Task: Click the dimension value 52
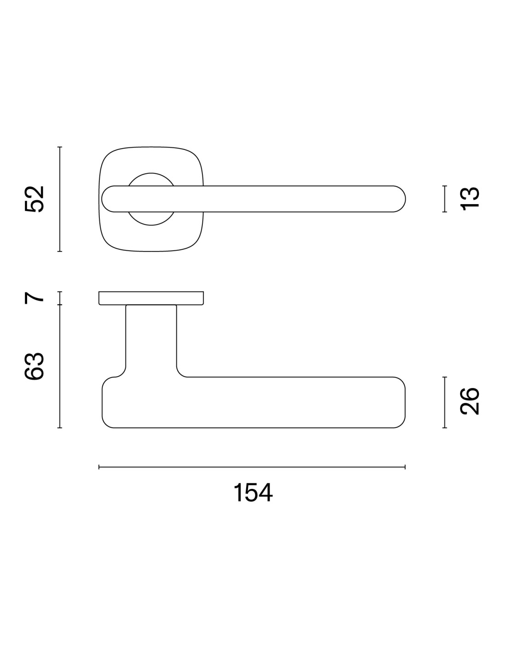[34, 199]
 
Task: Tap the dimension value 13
[469, 199]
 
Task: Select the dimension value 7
[34, 298]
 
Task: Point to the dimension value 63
[34, 366]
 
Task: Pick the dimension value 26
[469, 402]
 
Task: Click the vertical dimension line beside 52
[60, 199]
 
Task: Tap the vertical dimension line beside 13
[444, 199]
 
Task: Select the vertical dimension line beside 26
[444, 402]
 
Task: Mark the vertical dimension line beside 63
[60, 366]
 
